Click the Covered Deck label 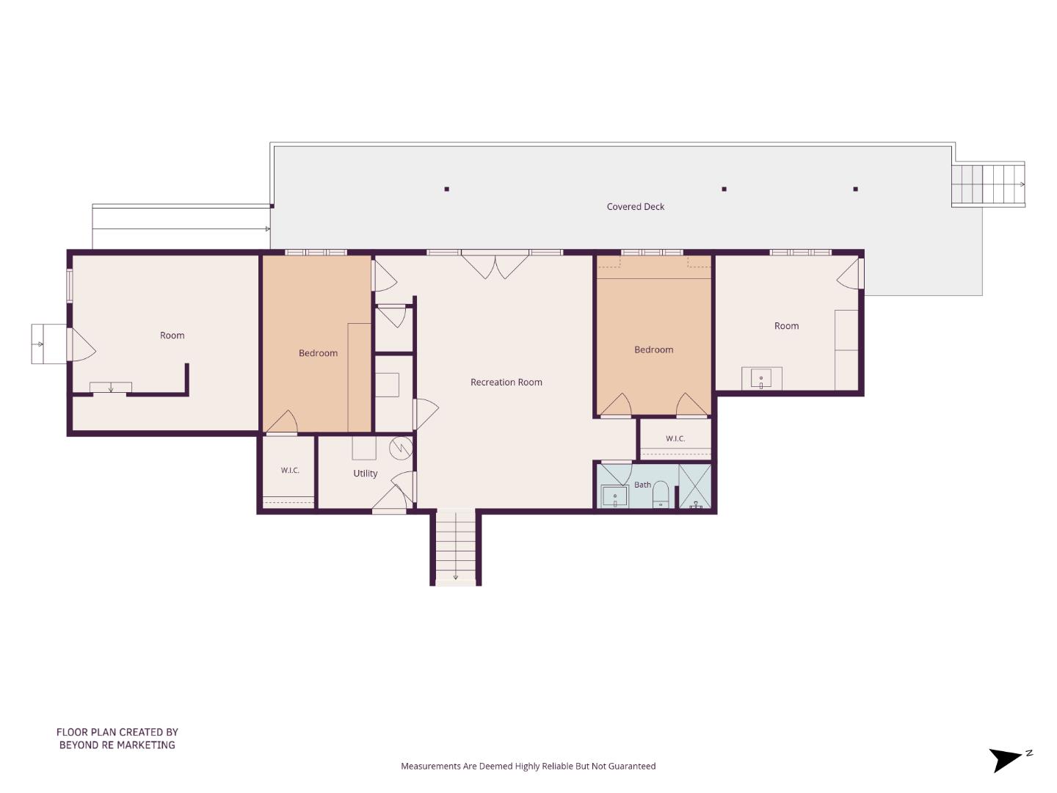635,206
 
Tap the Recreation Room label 506,383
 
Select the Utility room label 365,474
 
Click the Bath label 642,485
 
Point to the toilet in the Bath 661,494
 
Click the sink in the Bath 614,496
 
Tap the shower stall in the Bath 695,486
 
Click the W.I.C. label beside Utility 290,471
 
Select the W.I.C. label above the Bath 675,438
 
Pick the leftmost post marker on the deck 447,189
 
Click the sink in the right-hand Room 761,378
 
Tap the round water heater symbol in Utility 401,448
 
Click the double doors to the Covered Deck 495,266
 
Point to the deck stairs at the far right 988,185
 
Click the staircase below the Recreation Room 456,548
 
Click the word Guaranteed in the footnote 631,766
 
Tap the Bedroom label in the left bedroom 318,353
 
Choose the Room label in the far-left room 172,336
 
